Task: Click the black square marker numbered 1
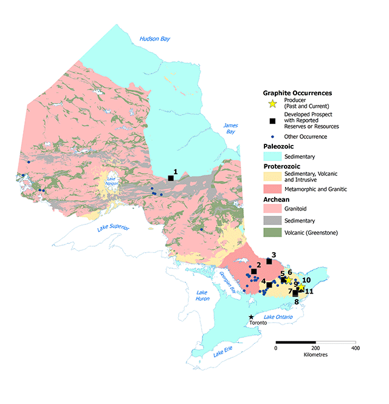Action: coord(171,178)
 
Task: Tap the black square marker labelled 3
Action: coord(269,261)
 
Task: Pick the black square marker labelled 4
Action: coord(269,284)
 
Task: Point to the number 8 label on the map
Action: coord(297,301)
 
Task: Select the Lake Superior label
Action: coord(114,229)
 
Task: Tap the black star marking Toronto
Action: coord(252,317)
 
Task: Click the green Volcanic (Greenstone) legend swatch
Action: coord(272,232)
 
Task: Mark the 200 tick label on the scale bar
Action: coord(315,349)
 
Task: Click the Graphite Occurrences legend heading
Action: coord(297,93)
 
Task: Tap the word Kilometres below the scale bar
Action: coord(315,355)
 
